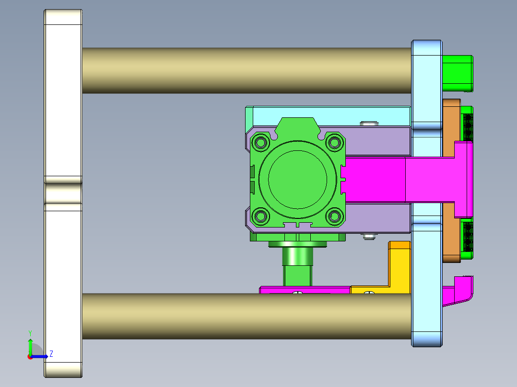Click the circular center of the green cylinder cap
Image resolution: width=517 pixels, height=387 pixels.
298,179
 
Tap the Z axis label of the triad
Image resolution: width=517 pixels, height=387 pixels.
51,354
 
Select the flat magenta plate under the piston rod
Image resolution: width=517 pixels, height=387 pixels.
305,290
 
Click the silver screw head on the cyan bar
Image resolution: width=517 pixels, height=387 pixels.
368,124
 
